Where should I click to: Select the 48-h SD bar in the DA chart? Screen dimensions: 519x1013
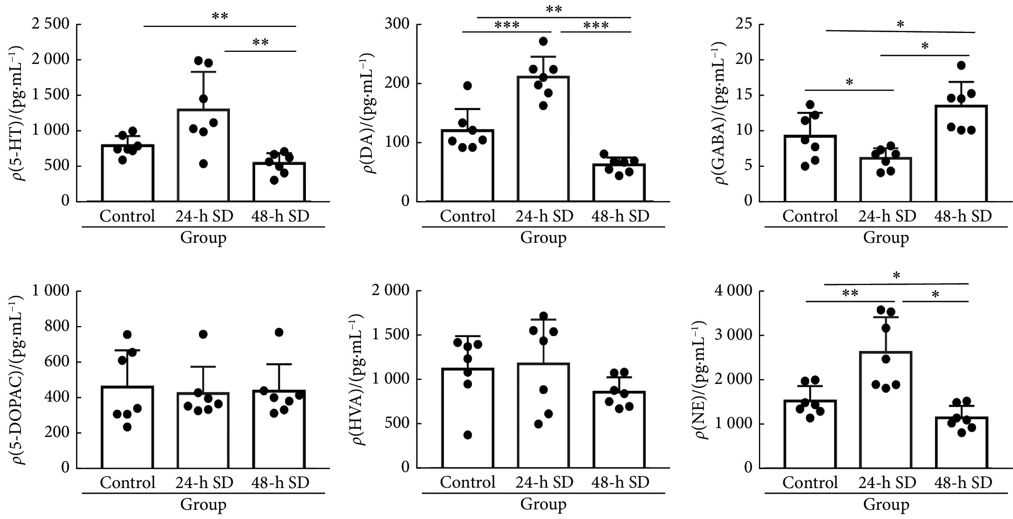tap(619, 183)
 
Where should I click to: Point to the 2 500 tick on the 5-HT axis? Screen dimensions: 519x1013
tap(51, 25)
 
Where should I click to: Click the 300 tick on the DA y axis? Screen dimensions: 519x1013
tap(397, 25)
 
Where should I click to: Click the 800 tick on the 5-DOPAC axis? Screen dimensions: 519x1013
tap(56, 326)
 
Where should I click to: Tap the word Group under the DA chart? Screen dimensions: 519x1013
tap(543, 238)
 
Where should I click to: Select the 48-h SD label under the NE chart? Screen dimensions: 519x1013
tap(963, 482)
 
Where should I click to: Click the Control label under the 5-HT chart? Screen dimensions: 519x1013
tap(127, 216)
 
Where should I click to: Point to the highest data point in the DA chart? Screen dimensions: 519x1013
tap(543, 41)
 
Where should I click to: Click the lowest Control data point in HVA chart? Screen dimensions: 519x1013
tap(468, 435)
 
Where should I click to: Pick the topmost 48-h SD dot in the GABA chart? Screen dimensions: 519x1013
tap(961, 66)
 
